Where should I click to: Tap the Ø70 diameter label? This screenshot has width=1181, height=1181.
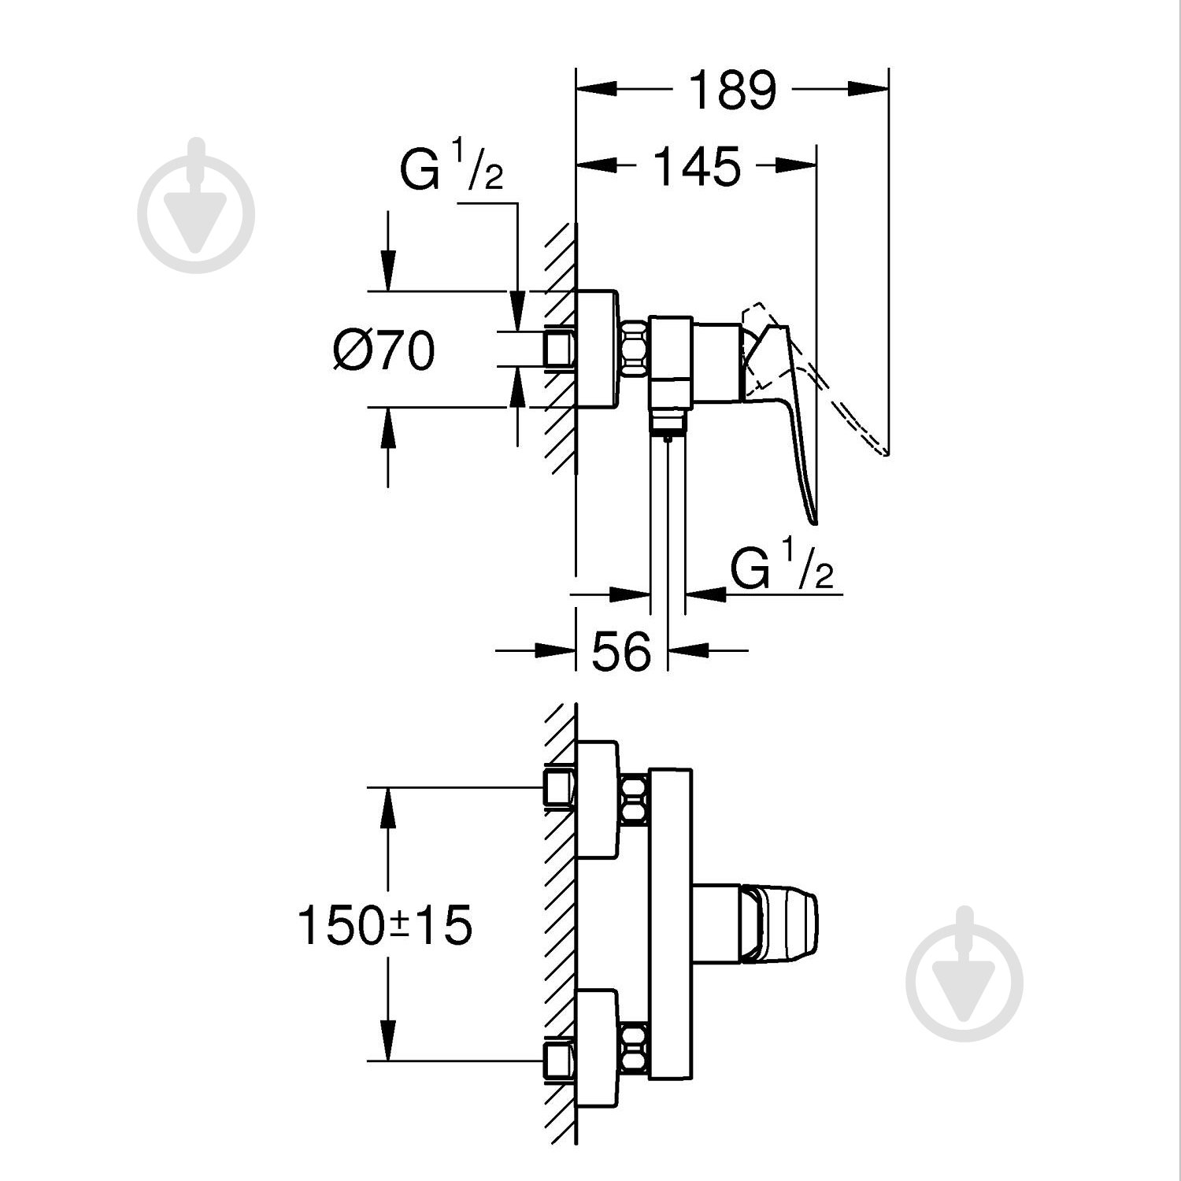point(383,350)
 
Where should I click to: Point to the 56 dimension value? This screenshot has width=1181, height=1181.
point(621,651)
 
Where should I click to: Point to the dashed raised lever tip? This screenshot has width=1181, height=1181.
point(883,451)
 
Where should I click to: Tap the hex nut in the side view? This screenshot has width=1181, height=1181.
point(635,346)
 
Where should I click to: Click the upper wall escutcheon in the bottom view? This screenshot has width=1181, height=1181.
point(598,799)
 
